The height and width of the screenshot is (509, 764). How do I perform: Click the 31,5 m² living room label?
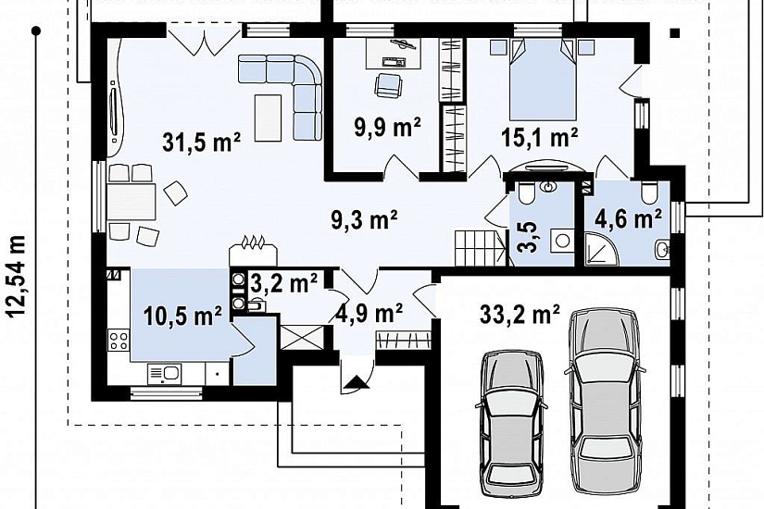[201, 143]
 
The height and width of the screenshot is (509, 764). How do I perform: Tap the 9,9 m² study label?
[388, 128]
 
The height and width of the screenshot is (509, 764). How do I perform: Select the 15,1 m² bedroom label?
[540, 137]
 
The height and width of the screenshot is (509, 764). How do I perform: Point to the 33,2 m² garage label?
[520, 314]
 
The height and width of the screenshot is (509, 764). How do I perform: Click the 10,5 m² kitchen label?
[182, 316]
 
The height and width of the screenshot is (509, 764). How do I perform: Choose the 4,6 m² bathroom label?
[628, 219]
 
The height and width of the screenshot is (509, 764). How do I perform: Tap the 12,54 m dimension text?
[16, 276]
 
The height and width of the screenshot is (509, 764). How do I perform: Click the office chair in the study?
[388, 84]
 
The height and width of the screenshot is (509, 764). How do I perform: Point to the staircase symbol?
[480, 248]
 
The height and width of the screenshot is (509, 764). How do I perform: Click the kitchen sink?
[164, 374]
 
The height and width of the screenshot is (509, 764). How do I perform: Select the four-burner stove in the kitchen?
[119, 340]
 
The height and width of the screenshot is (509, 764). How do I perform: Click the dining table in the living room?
[132, 201]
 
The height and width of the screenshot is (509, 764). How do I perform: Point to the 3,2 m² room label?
[284, 282]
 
